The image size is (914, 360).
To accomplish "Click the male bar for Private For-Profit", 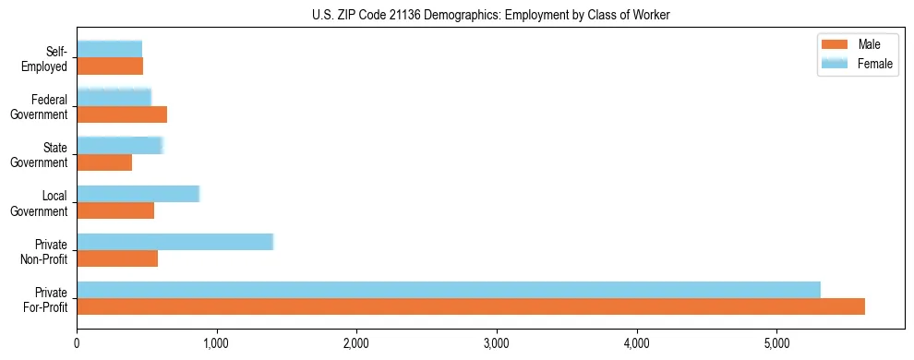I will [x=471, y=306].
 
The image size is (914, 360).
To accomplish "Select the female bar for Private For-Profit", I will [x=449, y=290].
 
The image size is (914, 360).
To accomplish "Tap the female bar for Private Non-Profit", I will [x=175, y=242].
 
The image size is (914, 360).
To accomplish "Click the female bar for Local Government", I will [x=138, y=194].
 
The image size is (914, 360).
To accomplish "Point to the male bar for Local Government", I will [x=115, y=210].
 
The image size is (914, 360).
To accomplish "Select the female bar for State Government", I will [x=120, y=146].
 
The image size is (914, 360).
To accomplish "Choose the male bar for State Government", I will [x=104, y=162].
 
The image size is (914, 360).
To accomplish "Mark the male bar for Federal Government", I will [x=122, y=114].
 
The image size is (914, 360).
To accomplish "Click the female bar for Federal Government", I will [x=114, y=98].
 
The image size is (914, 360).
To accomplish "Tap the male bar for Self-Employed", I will [x=110, y=66].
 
